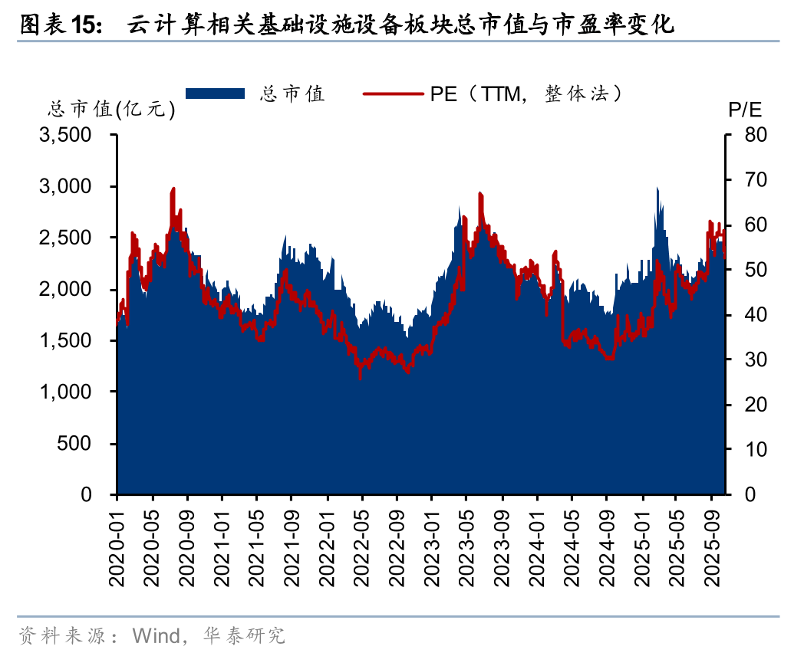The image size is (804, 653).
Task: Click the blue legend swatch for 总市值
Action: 216,94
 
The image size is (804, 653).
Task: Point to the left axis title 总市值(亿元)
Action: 111,110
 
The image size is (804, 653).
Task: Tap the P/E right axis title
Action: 743,110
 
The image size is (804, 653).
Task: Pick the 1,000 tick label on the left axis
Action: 70,392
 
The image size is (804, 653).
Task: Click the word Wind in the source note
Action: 154,635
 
